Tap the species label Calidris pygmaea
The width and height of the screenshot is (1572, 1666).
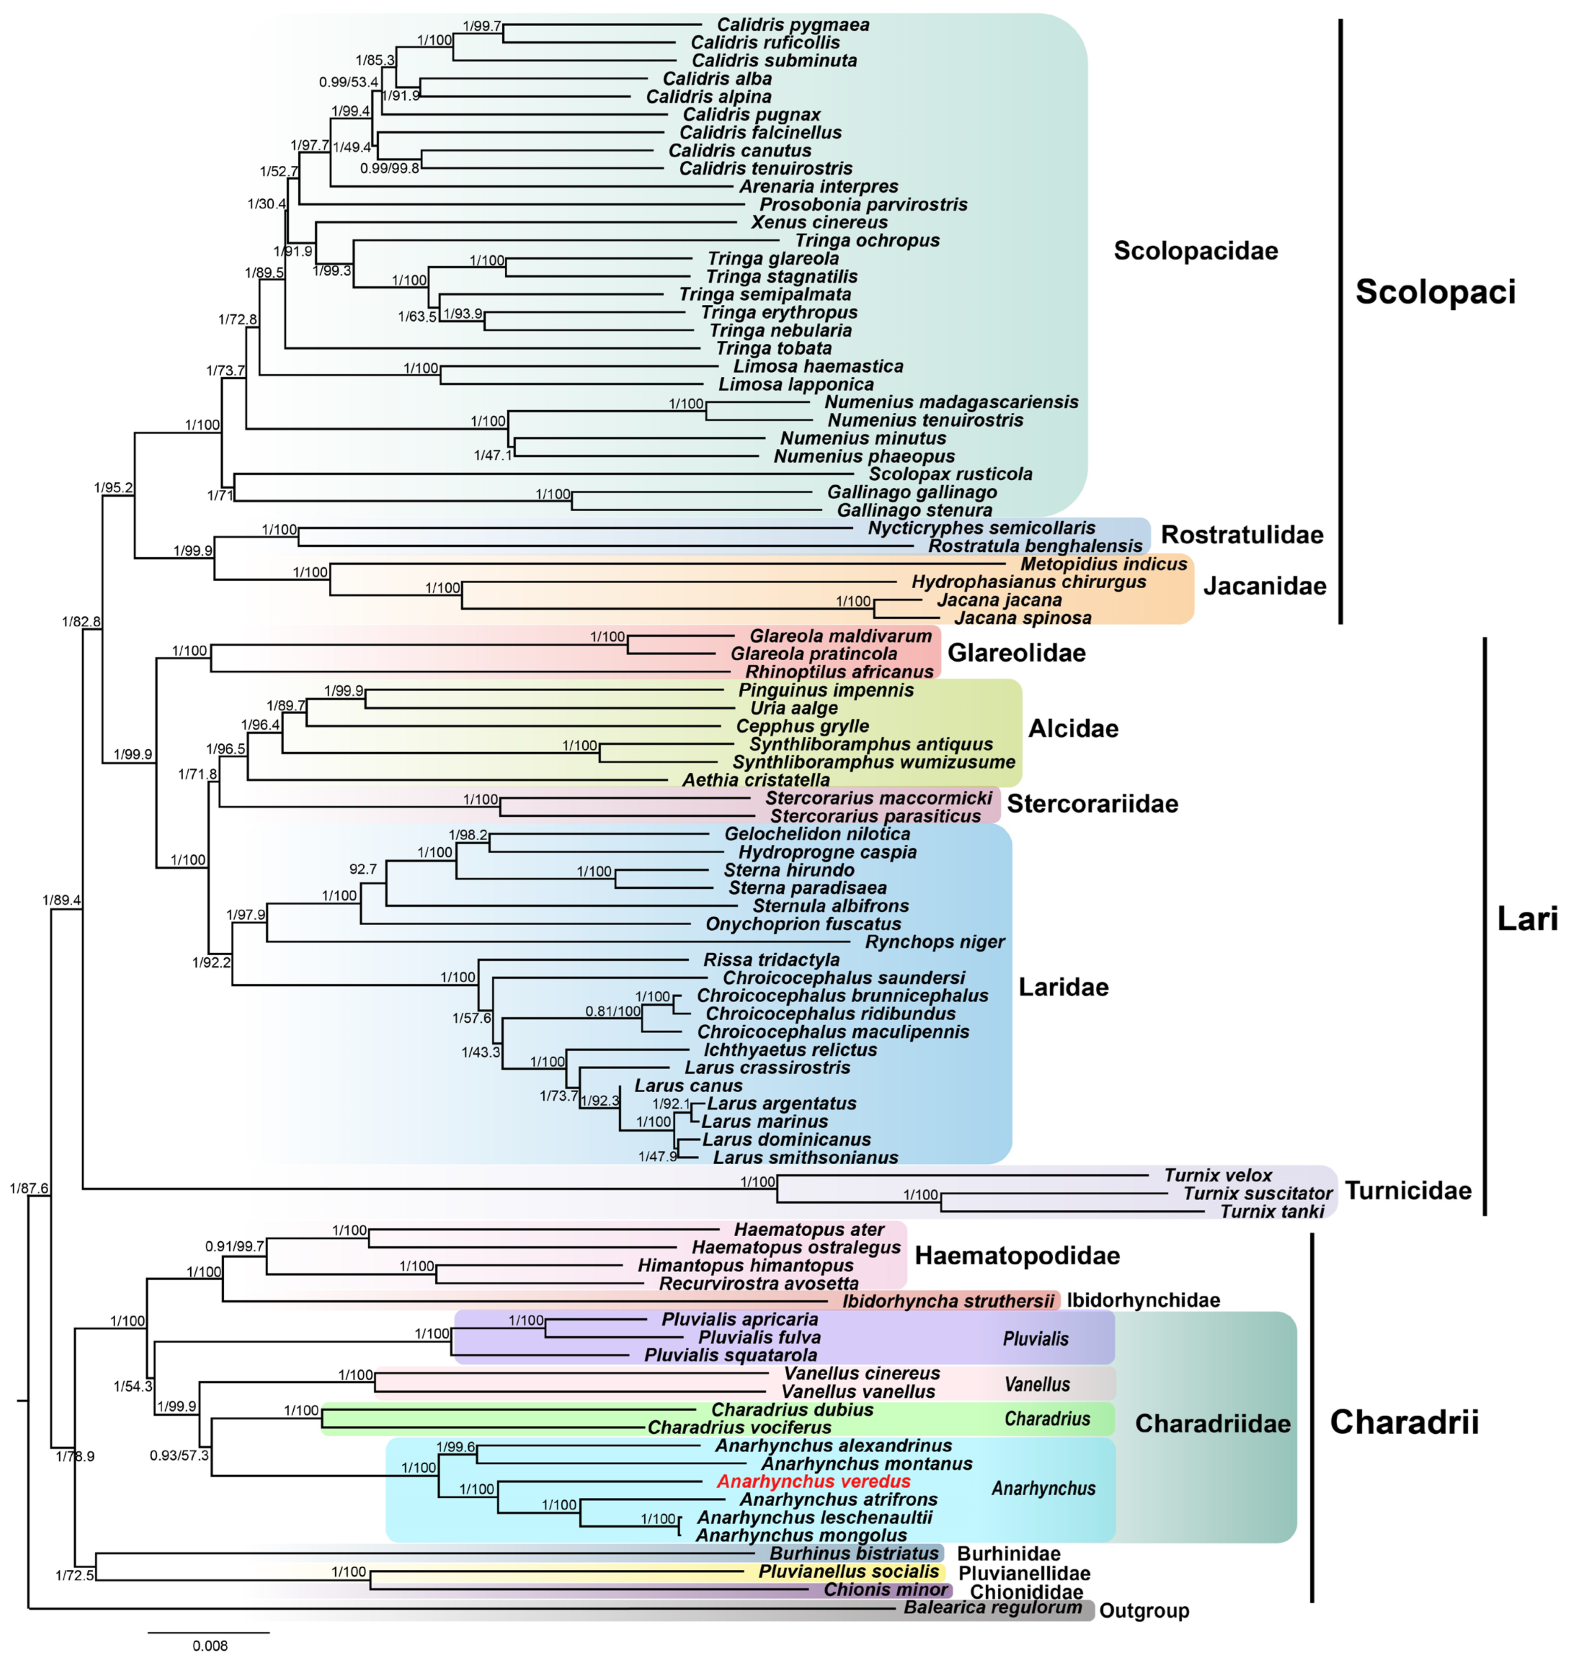coord(793,25)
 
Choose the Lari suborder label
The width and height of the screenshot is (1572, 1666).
coord(1527,919)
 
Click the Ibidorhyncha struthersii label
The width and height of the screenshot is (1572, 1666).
coord(948,1301)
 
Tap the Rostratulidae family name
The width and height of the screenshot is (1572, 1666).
coord(1242,535)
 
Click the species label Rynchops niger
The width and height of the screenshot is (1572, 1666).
coord(934,942)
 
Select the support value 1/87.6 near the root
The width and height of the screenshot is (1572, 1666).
coord(29,1188)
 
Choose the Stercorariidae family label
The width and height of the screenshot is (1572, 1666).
coord(1092,804)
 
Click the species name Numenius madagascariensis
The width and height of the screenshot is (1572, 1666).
coord(951,402)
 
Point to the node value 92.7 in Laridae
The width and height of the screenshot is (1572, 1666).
coord(363,869)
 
